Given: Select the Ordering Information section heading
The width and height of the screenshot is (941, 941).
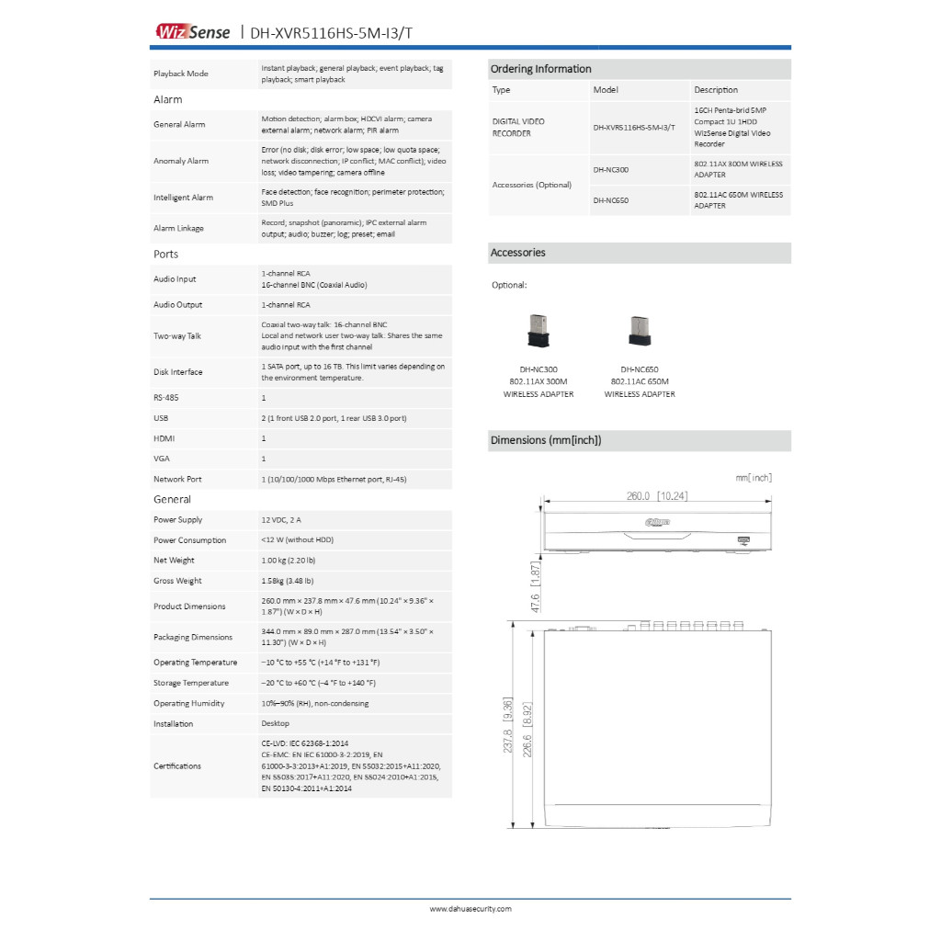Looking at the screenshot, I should (x=541, y=69).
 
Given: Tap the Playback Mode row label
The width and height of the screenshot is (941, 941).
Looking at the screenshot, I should (x=181, y=74).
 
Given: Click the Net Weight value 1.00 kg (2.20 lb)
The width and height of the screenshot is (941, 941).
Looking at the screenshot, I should (x=289, y=561).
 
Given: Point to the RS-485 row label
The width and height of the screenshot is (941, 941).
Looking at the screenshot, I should (x=165, y=398).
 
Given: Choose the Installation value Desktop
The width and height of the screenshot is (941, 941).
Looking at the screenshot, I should (x=276, y=724).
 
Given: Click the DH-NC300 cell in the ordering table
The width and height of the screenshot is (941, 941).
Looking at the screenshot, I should (x=610, y=170).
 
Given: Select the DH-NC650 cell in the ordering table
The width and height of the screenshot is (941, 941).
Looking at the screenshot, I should (x=610, y=199).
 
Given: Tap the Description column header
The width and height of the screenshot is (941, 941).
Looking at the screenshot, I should (x=716, y=90).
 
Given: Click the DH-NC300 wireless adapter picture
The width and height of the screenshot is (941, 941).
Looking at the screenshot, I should (x=538, y=332).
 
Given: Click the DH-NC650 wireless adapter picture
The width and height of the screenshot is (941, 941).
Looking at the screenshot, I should (x=639, y=332).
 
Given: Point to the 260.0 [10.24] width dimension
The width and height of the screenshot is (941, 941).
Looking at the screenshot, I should (x=657, y=496).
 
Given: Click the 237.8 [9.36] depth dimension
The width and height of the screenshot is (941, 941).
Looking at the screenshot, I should (x=507, y=726).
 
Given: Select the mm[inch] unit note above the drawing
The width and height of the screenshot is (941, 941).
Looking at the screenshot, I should (x=754, y=478).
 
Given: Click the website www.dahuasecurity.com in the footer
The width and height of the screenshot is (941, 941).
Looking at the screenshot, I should (x=470, y=909).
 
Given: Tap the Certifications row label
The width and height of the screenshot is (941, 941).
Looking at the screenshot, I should (x=177, y=765).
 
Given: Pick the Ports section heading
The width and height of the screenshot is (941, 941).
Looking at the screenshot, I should (x=166, y=254).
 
